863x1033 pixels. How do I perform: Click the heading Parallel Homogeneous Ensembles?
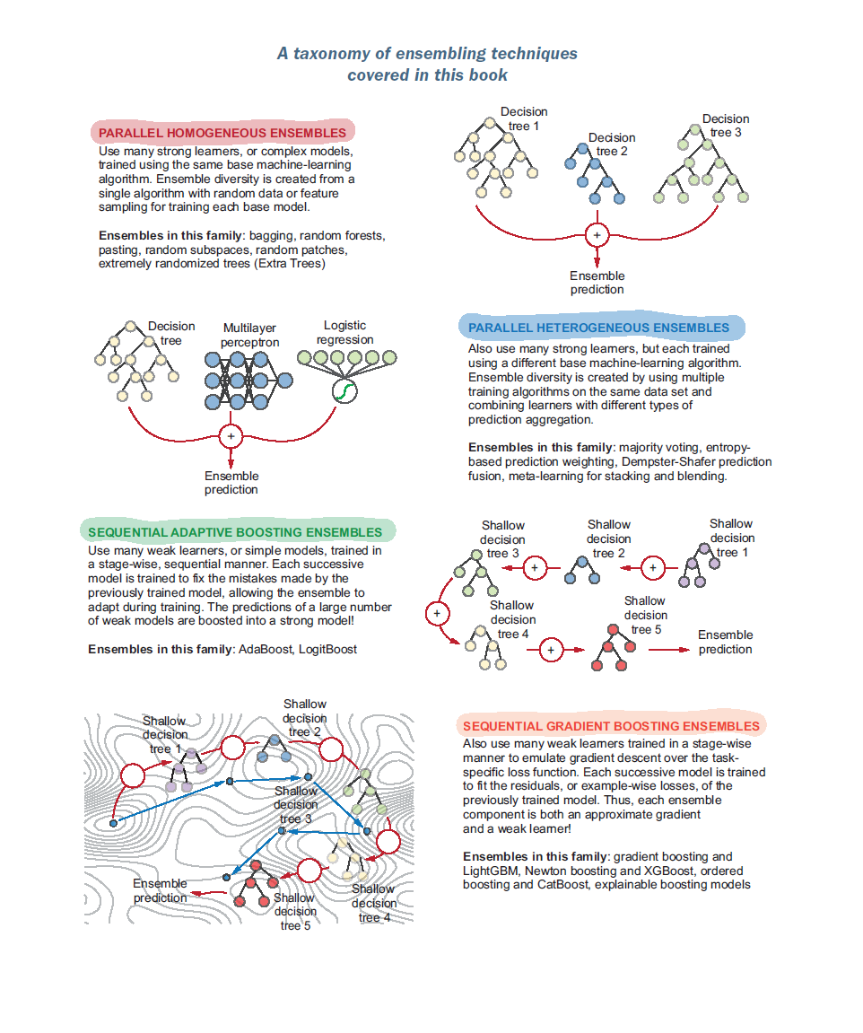tap(223, 133)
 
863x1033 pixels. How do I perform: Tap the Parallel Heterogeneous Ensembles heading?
tap(599, 328)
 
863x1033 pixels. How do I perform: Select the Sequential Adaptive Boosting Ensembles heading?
tap(235, 532)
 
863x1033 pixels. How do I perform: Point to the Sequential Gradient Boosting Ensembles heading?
tap(611, 726)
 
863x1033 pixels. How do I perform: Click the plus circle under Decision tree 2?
tap(597, 236)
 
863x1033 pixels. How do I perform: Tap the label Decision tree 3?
tap(725, 126)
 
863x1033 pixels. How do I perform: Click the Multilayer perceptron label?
tap(251, 336)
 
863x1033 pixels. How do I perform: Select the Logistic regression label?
tap(344, 332)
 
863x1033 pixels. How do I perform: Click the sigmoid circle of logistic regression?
tap(344, 390)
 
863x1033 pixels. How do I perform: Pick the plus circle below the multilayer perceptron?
tap(231, 436)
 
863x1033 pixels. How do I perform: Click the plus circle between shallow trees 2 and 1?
tap(653, 568)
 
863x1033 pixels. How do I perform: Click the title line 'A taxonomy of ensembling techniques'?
tap(427, 54)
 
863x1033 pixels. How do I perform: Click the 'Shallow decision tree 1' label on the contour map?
tap(164, 734)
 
